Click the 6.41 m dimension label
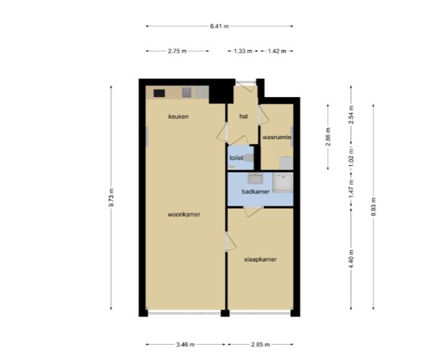(219, 26)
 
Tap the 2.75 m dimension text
(177, 51)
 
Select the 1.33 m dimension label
(243, 51)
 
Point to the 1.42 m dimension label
(277, 51)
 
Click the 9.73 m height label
(111, 197)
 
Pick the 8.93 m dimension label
(374, 206)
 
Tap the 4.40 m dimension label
(351, 259)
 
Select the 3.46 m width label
(185, 345)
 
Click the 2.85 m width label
(260, 345)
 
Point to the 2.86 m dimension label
(328, 137)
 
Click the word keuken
(178, 117)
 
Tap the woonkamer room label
(184, 214)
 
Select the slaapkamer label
(261, 259)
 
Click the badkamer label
(256, 192)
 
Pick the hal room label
(244, 117)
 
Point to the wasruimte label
(277, 137)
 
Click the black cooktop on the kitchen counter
(159, 93)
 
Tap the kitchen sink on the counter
(187, 93)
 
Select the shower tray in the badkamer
(282, 183)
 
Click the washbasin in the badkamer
(255, 179)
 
